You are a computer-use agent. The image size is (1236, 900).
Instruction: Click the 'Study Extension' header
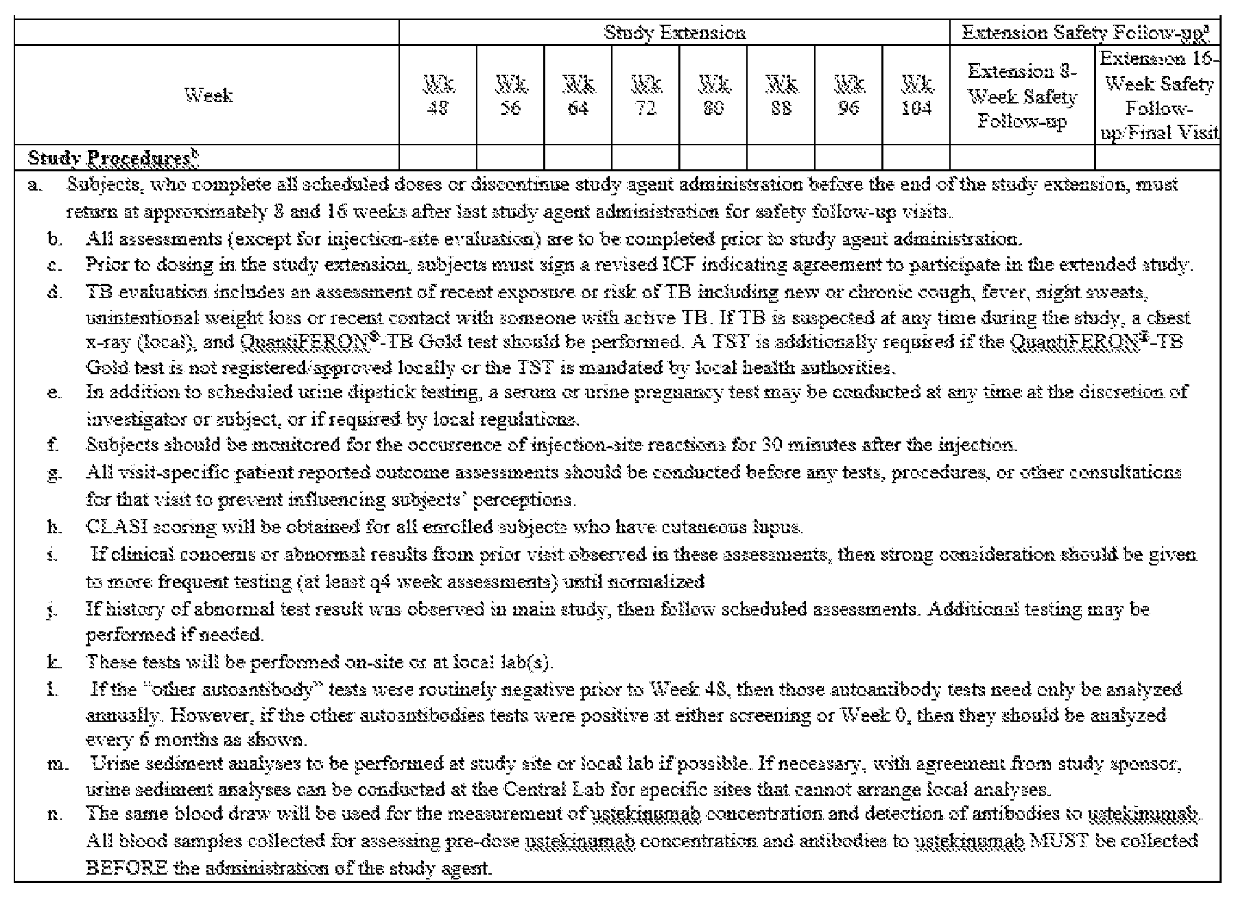[x=674, y=32]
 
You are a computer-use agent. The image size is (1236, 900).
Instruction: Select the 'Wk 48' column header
[x=438, y=96]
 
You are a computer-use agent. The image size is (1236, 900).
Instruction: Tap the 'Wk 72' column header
[x=645, y=96]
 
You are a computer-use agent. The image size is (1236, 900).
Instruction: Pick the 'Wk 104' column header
[x=916, y=96]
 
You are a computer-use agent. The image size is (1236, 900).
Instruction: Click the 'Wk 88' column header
[x=781, y=96]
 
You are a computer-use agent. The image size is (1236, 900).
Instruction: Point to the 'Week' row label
[x=209, y=95]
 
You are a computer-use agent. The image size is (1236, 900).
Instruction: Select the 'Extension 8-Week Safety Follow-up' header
[x=1022, y=96]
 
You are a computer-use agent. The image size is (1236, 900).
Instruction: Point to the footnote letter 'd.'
[x=55, y=292]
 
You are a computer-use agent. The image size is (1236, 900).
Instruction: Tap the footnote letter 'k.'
[x=54, y=662]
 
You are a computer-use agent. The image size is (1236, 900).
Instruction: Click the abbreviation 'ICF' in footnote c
[x=681, y=265]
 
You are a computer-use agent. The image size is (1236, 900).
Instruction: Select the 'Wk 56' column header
[x=511, y=96]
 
